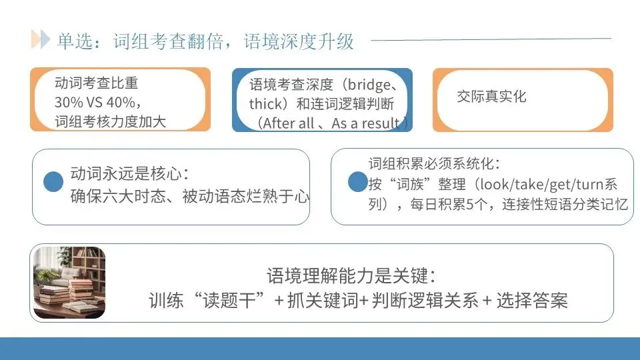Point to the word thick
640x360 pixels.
(265, 104)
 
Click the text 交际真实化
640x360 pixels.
(491, 96)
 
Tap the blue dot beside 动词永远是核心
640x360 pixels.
(53, 181)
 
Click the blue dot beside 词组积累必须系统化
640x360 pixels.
(358, 181)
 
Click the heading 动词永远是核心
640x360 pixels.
(129, 175)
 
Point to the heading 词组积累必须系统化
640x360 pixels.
(434, 164)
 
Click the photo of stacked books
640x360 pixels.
(69, 282)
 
